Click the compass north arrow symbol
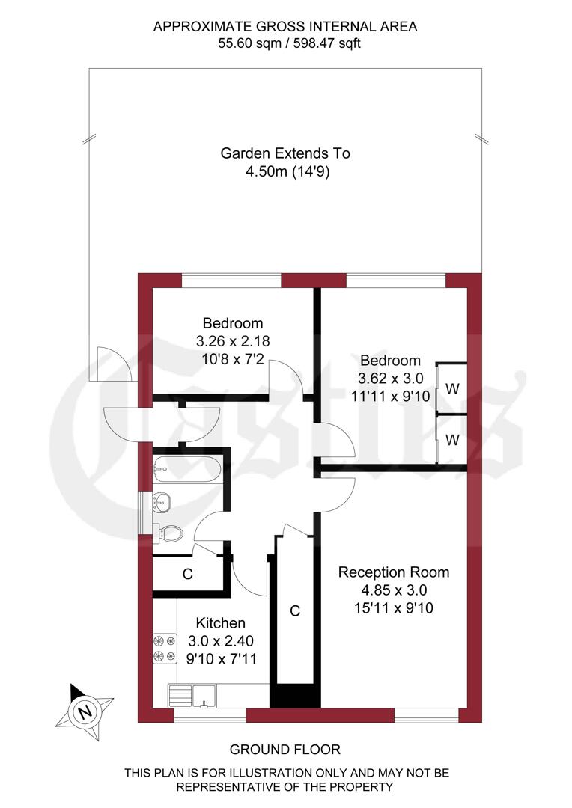(85, 708)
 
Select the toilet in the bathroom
(170, 533)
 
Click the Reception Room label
(394, 572)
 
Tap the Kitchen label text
(220, 623)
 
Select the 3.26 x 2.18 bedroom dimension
(233, 340)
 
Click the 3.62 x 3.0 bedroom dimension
(389, 378)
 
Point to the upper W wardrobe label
(452, 389)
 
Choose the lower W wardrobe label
(452, 440)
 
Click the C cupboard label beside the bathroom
(188, 575)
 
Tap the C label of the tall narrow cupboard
(295, 611)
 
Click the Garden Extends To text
(285, 153)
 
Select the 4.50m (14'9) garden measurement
(285, 171)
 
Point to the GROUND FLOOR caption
(285, 749)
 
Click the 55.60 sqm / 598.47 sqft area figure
(285, 43)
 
